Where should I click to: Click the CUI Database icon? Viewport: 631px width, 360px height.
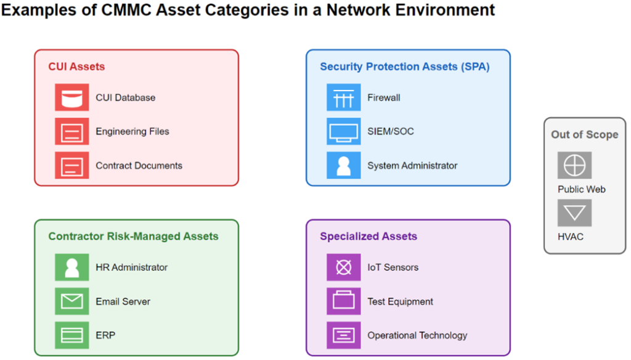point(72,97)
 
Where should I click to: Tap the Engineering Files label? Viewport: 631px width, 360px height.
point(132,131)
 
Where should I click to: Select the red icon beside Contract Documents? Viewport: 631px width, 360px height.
point(72,165)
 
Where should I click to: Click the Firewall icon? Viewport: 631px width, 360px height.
point(344,97)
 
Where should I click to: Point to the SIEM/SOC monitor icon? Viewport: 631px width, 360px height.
point(344,131)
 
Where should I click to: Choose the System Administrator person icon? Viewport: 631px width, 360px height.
point(344,165)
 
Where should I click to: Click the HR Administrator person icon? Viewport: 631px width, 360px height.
point(72,267)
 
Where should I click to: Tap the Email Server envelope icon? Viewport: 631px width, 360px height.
point(72,301)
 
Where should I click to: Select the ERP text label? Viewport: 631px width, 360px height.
point(105,335)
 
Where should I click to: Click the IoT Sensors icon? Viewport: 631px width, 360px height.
point(344,267)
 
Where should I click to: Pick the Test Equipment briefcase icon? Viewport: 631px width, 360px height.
point(344,301)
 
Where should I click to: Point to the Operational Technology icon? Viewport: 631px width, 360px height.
point(344,335)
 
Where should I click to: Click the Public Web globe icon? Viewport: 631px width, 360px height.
point(575,165)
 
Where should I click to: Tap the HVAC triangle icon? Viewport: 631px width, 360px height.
point(575,213)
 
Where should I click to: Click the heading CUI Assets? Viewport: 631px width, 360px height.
point(76,67)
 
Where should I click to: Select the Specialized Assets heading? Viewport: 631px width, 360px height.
point(368,236)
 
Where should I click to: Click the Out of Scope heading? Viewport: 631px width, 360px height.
point(585,134)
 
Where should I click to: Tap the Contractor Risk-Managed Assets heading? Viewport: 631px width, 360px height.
point(133,236)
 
